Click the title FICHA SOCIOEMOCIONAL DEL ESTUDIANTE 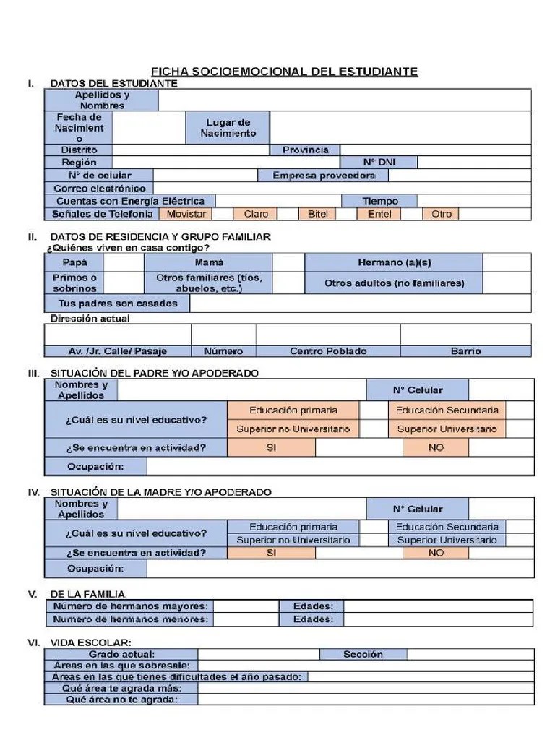click(284, 72)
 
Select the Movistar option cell click(186, 214)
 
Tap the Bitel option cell click(317, 214)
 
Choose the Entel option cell click(379, 214)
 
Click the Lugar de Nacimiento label click(228, 128)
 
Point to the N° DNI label click(379, 163)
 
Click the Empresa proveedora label click(323, 176)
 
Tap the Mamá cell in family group click(209, 262)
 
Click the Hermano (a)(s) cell click(393, 262)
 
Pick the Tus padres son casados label click(117, 303)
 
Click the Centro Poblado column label click(328, 351)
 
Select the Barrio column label click(465, 351)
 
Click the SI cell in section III click(271, 447)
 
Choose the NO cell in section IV click(436, 553)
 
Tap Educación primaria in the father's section click(293, 410)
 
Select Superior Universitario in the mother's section click(447, 540)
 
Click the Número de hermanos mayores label click(130, 606)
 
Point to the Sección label click(363, 654)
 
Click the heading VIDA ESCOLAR click(90, 642)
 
